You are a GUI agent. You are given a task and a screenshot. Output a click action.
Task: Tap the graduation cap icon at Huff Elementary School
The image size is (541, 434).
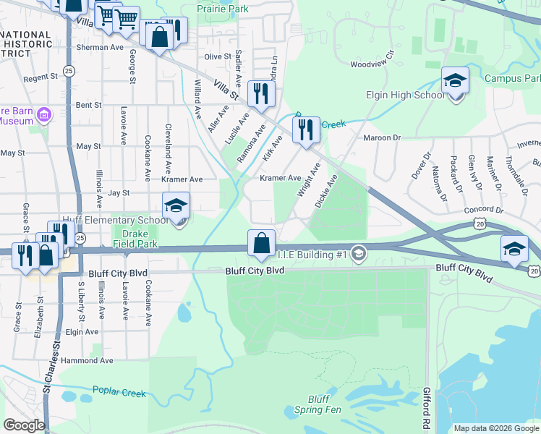(176, 206)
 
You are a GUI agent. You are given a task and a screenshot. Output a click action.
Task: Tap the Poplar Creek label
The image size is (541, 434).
(119, 393)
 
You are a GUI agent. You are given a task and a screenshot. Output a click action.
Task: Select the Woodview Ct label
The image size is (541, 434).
(372, 61)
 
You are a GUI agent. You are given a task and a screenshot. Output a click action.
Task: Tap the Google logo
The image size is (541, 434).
(25, 425)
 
